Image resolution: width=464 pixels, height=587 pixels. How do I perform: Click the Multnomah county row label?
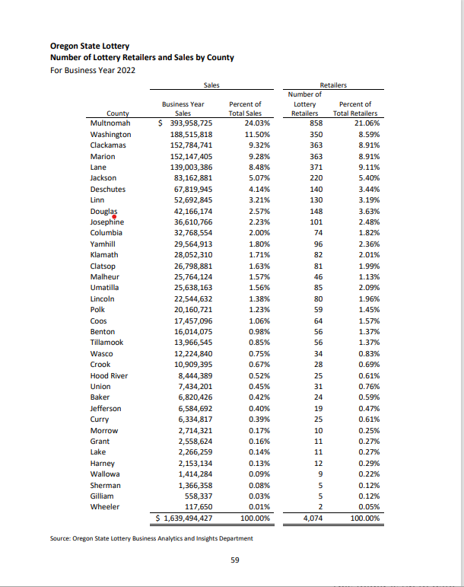coord(110,123)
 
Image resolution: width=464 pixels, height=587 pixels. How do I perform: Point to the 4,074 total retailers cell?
coord(312,518)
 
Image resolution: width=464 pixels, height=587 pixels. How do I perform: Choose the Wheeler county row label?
coord(105,506)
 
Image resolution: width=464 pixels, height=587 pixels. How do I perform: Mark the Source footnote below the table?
coord(151,539)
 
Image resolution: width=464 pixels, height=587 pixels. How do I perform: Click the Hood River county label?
coord(109,376)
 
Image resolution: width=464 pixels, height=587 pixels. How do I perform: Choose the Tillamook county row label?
coord(107,343)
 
